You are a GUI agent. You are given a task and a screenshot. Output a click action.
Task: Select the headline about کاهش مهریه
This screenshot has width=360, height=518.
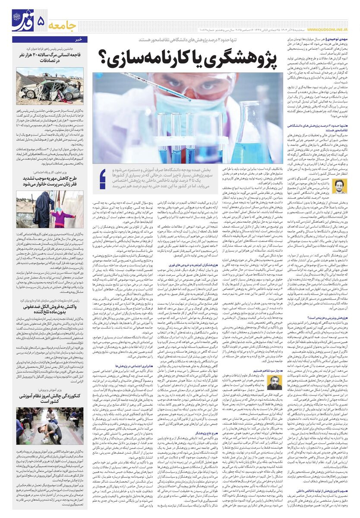[49, 180]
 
